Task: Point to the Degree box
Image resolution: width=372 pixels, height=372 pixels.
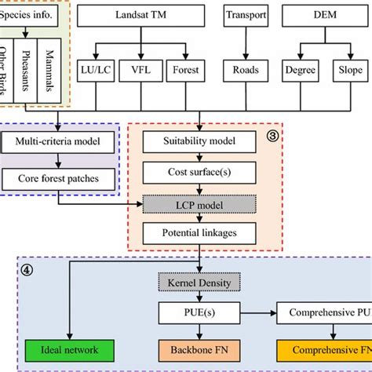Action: pos(299,68)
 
